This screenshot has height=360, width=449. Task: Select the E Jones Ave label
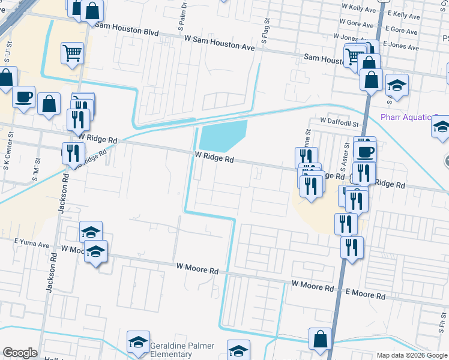[405, 45]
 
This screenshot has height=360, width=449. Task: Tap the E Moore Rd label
[365, 296]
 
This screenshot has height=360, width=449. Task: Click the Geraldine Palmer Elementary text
[178, 351]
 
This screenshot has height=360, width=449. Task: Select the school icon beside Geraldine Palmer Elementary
[138, 343]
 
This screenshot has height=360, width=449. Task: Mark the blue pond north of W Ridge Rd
[222, 136]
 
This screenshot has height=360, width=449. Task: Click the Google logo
[19, 353]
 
